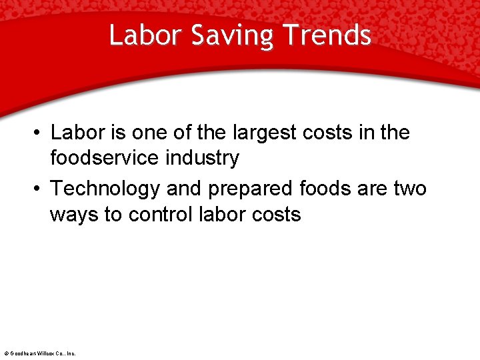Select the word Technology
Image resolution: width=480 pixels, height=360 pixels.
coord(105,189)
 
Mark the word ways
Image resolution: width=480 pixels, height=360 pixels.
coord(73,215)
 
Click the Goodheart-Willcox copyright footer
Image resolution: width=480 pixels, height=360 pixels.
coord(40,353)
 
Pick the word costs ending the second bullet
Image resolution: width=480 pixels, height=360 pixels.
coord(275,215)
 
